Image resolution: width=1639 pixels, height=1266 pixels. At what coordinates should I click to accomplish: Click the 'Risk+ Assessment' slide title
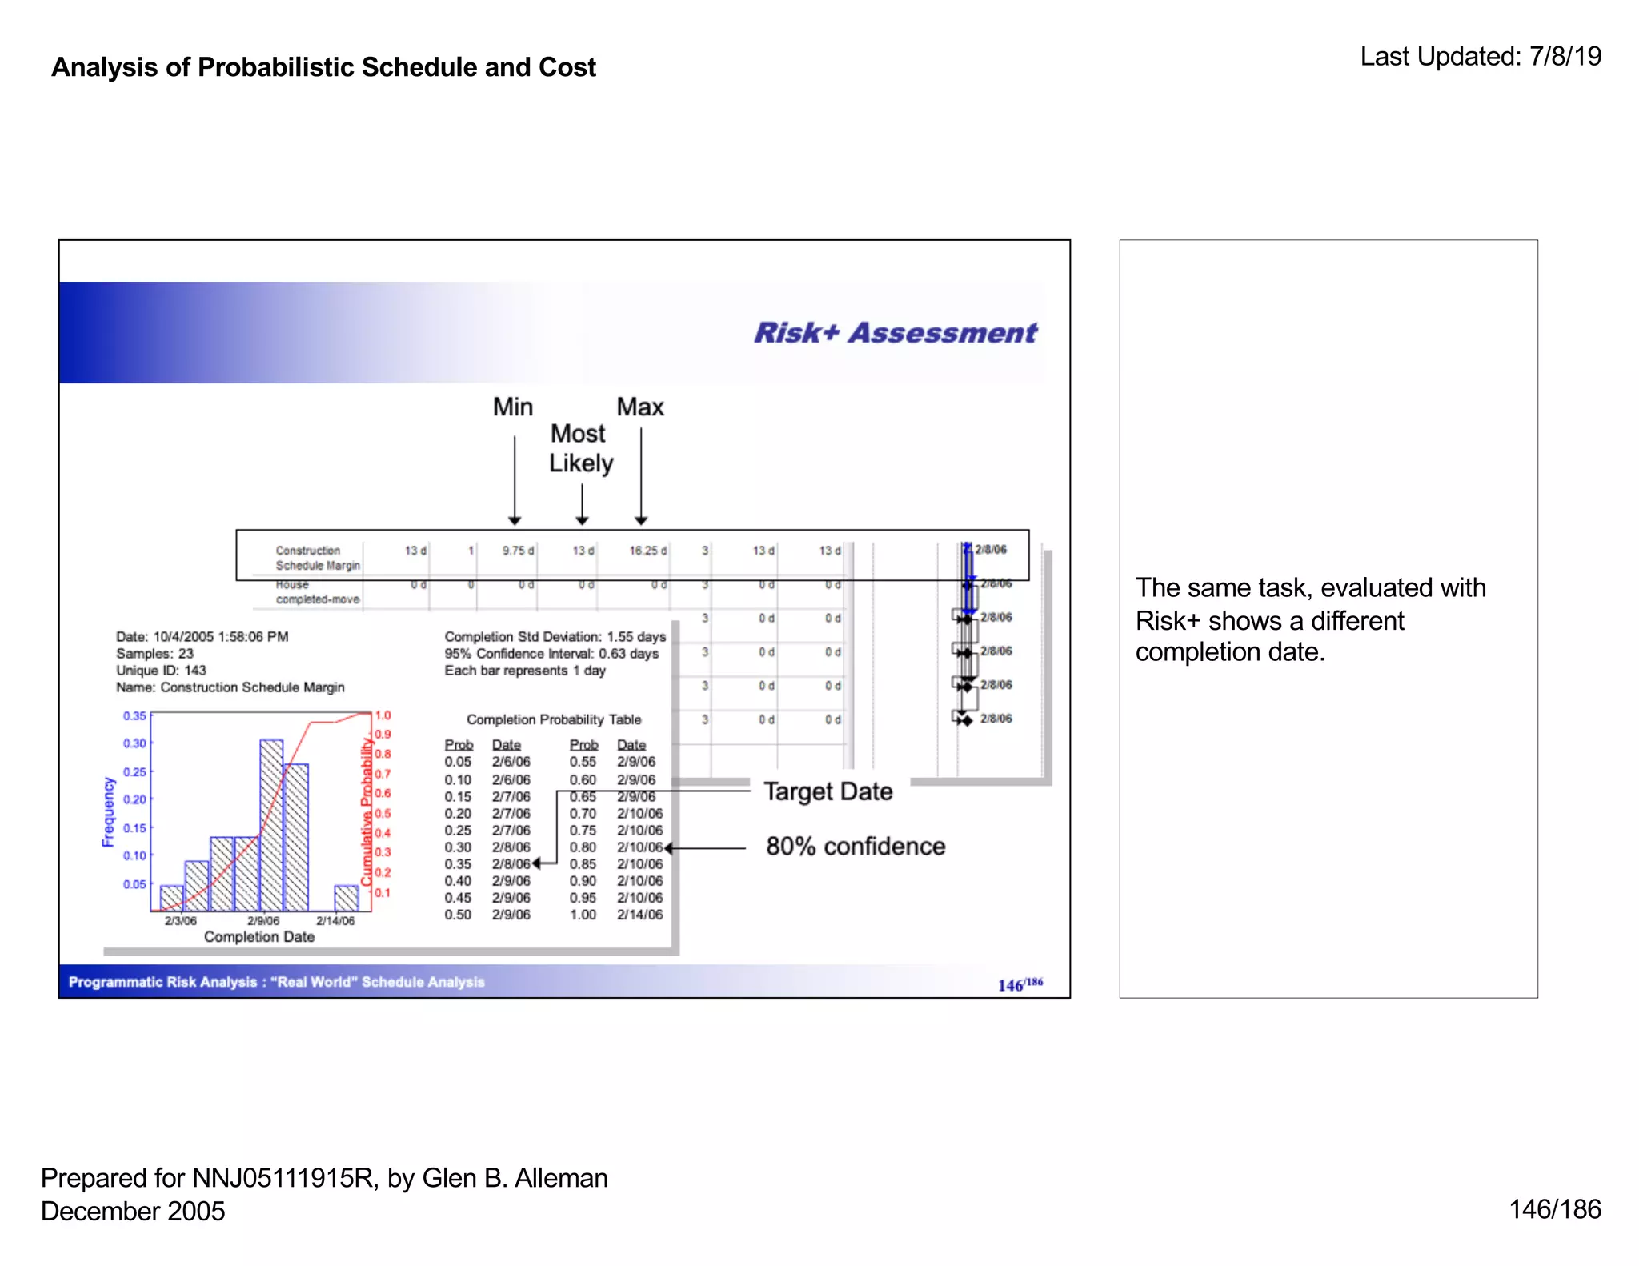pyautogui.click(x=895, y=333)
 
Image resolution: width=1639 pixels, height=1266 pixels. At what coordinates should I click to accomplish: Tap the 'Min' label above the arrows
pyautogui.click(x=512, y=407)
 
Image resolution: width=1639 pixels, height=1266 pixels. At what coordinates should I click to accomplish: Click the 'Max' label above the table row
pyautogui.click(x=640, y=407)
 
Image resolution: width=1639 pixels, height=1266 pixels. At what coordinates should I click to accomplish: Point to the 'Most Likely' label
pyautogui.click(x=580, y=448)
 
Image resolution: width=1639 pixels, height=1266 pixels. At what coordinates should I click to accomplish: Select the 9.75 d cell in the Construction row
pyautogui.click(x=518, y=551)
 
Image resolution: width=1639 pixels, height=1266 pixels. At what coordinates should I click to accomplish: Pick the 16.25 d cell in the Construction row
pyautogui.click(x=647, y=551)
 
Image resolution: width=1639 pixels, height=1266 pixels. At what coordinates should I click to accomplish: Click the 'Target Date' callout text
pyautogui.click(x=828, y=791)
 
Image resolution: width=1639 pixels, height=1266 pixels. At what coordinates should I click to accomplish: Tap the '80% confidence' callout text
pyautogui.click(x=856, y=847)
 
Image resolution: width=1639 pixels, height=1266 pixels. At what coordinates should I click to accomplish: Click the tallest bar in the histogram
pyautogui.click(x=271, y=824)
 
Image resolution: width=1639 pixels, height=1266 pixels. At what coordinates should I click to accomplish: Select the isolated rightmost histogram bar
pyautogui.click(x=347, y=898)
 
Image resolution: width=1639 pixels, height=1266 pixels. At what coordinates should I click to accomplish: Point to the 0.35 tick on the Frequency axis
pyautogui.click(x=134, y=716)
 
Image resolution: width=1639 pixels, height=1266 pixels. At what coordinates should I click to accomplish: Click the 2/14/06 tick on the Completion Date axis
pyautogui.click(x=335, y=921)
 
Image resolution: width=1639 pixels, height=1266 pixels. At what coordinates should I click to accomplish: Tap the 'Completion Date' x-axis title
pyautogui.click(x=259, y=937)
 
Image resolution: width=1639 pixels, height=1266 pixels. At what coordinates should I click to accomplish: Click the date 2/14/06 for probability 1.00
pyautogui.click(x=639, y=915)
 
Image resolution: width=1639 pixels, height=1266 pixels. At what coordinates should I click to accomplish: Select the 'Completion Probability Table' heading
pyautogui.click(x=554, y=720)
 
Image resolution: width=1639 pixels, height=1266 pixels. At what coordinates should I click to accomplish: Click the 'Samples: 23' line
pyautogui.click(x=154, y=654)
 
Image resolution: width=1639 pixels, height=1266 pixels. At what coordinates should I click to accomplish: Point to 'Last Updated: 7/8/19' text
pyautogui.click(x=1481, y=57)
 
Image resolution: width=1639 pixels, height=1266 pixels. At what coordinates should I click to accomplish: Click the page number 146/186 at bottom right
pyautogui.click(x=1554, y=1209)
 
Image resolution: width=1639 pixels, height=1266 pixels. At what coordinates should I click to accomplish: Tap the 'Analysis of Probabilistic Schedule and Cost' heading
pyautogui.click(x=324, y=67)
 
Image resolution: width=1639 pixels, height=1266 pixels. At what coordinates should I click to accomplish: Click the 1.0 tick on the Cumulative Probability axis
pyautogui.click(x=383, y=715)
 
